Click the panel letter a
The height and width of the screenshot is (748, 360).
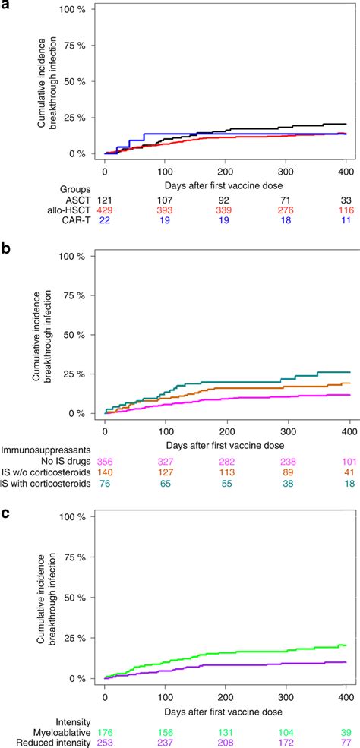click(7, 7)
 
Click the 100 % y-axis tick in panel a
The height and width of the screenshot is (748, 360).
click(79, 10)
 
